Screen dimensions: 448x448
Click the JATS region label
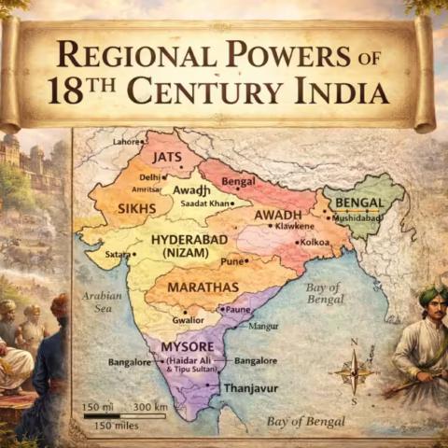(168, 157)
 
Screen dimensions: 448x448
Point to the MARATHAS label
(203, 287)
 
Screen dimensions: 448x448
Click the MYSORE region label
(187, 346)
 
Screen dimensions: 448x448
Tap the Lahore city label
(126, 142)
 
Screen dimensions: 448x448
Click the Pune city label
(232, 262)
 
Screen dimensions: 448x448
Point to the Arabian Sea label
(102, 301)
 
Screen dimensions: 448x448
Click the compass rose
(353, 370)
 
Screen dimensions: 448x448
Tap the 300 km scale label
(150, 408)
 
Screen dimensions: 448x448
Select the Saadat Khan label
(208, 203)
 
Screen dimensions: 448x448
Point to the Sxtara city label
(118, 254)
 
